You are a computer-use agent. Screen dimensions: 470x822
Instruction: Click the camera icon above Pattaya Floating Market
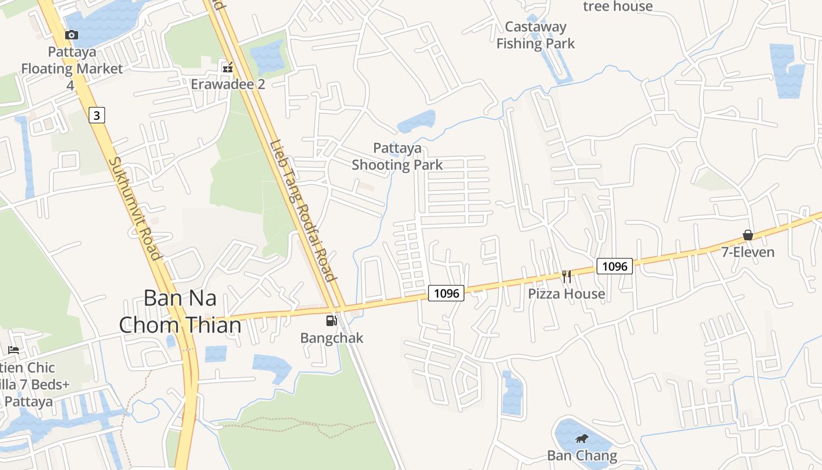pos(72,35)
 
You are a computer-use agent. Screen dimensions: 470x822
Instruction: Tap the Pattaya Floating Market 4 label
pos(72,68)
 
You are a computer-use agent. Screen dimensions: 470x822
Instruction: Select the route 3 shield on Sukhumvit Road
pos(97,115)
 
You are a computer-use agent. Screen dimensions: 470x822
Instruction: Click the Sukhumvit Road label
pos(134,209)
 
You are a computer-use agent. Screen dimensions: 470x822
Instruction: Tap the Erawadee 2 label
pos(228,84)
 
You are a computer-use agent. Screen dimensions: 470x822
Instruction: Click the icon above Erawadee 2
pos(227,68)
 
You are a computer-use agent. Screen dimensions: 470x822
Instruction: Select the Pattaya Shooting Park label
pos(397,156)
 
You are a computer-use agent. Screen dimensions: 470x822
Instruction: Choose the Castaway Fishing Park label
pos(535,35)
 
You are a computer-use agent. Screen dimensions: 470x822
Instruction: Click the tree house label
pos(618,6)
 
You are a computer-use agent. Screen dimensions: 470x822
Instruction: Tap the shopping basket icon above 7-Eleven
pos(748,235)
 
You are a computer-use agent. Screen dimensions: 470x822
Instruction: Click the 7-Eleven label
pos(748,252)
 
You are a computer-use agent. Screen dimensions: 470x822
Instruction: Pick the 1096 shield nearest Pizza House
pos(615,266)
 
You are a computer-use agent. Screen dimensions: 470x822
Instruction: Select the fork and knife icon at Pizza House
pos(567,276)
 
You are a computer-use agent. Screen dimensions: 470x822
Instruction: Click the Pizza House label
pos(567,294)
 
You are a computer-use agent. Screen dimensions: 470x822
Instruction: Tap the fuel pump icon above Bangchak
pos(332,321)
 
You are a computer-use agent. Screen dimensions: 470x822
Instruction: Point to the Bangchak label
pos(332,338)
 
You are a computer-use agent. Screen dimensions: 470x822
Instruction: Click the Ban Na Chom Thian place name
pos(180,311)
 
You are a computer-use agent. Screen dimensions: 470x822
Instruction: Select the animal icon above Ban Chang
pos(582,438)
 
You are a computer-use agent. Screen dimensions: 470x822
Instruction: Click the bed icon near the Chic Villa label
pos(14,350)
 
